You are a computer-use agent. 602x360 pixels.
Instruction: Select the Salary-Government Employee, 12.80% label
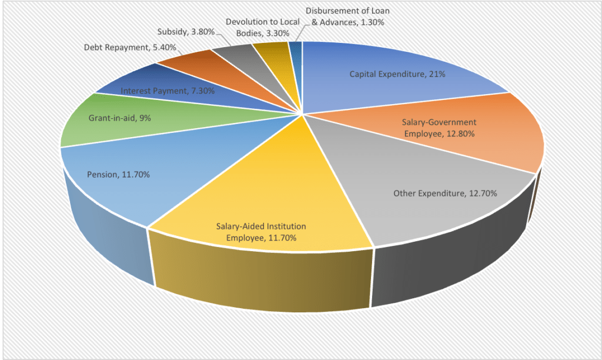[439, 128]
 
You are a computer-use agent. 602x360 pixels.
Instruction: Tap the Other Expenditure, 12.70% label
[446, 192]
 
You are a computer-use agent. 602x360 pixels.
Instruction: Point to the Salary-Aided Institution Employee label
[261, 232]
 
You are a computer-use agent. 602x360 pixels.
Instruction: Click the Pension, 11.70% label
[118, 175]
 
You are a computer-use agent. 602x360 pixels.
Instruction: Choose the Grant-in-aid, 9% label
[119, 118]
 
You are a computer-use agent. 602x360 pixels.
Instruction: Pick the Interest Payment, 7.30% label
[167, 91]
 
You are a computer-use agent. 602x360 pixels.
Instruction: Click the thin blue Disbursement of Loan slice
[297, 53]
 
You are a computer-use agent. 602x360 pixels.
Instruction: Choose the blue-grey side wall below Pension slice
[106, 235]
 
